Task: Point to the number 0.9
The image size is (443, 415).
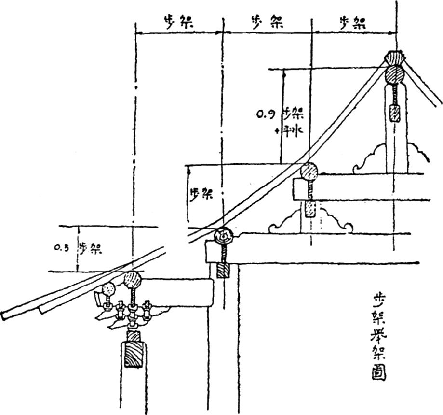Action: click(x=266, y=115)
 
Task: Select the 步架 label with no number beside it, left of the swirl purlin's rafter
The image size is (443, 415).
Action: click(x=201, y=194)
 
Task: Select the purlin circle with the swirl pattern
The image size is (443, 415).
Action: click(x=224, y=236)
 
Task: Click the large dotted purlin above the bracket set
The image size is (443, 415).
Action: click(x=133, y=280)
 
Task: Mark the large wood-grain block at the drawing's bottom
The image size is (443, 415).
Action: click(x=134, y=355)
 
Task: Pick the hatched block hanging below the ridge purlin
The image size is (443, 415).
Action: click(x=395, y=113)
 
